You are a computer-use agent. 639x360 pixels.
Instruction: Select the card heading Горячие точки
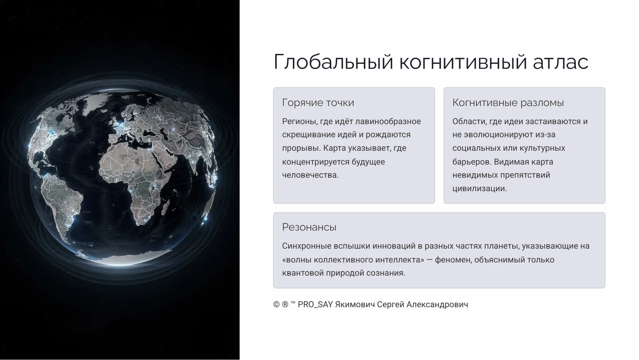pos(318,103)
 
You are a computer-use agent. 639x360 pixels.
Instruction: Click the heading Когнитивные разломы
pos(508,103)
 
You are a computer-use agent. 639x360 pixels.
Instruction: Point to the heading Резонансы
pos(309,227)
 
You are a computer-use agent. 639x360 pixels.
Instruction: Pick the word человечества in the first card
pos(310,175)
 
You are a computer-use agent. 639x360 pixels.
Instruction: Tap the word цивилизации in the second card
pos(479,188)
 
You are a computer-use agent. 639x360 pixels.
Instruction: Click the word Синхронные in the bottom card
pos(306,246)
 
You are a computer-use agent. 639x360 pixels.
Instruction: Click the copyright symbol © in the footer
pos(276,305)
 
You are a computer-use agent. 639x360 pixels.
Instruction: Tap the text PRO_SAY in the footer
pos(315,305)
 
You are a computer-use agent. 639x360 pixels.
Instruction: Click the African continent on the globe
pos(132,176)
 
